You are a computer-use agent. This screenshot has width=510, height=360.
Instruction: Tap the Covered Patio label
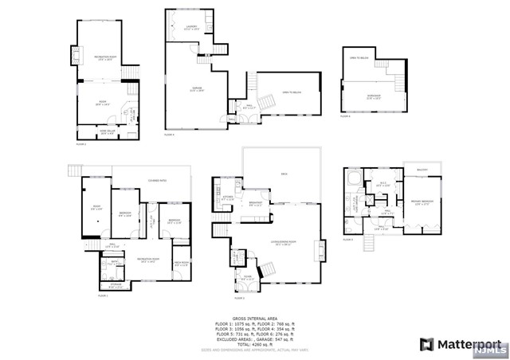(146, 180)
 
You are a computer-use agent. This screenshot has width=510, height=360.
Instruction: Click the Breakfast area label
(254, 203)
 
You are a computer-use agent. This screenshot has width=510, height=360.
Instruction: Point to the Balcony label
(422, 170)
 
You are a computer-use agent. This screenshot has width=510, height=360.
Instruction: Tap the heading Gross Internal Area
(254, 317)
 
